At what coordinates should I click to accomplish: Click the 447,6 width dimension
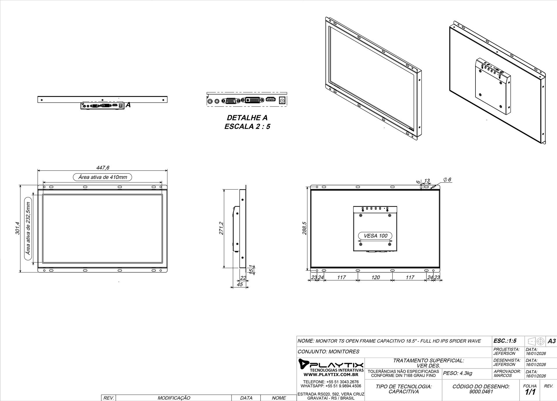(x=103, y=168)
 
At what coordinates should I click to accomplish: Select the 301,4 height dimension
(x=17, y=228)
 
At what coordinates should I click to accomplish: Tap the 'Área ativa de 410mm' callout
(x=102, y=177)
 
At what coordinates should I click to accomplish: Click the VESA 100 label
(x=375, y=236)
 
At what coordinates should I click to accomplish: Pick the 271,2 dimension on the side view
(x=221, y=228)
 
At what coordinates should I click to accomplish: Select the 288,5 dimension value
(x=305, y=228)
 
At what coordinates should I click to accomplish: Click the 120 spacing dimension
(x=375, y=277)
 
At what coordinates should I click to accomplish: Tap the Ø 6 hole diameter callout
(x=448, y=180)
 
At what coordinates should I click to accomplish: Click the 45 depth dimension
(x=240, y=284)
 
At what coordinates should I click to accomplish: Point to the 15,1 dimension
(x=251, y=269)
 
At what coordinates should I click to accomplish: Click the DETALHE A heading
(x=247, y=118)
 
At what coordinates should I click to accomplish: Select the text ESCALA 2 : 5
(x=247, y=127)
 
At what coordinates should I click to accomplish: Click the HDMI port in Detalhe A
(x=271, y=100)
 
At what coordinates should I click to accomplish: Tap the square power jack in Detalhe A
(x=281, y=100)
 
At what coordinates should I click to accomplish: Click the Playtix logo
(x=331, y=364)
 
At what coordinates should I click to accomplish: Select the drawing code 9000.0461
(x=481, y=392)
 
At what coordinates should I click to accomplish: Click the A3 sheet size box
(x=551, y=341)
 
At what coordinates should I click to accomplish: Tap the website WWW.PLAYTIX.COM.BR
(x=331, y=375)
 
